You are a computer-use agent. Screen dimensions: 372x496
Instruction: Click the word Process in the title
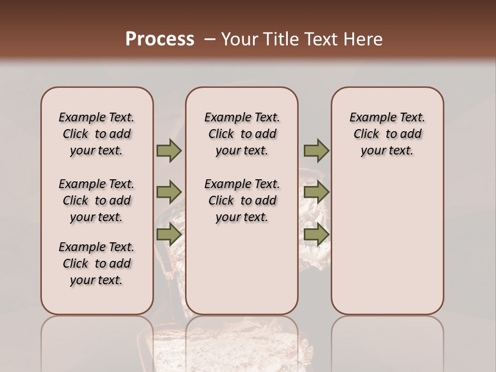point(160,39)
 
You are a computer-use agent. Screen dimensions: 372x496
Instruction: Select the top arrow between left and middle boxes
point(169,150)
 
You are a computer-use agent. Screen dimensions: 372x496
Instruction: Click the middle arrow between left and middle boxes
point(169,192)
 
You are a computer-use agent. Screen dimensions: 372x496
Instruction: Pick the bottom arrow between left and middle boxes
point(169,235)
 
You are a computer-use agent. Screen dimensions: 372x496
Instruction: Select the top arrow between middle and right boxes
point(316,150)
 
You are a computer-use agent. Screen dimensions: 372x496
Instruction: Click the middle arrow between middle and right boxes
point(316,192)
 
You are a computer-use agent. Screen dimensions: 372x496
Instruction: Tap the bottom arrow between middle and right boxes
point(316,235)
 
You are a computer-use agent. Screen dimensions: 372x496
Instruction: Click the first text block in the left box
point(97,134)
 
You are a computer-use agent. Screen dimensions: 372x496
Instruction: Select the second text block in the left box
point(97,200)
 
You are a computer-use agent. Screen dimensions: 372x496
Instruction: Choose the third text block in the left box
point(97,263)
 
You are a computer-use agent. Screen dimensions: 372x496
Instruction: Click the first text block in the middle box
point(242,134)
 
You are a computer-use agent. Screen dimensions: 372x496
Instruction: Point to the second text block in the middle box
point(242,200)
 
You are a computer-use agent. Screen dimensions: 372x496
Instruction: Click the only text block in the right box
point(387,134)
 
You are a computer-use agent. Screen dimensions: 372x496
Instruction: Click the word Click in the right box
point(366,134)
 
